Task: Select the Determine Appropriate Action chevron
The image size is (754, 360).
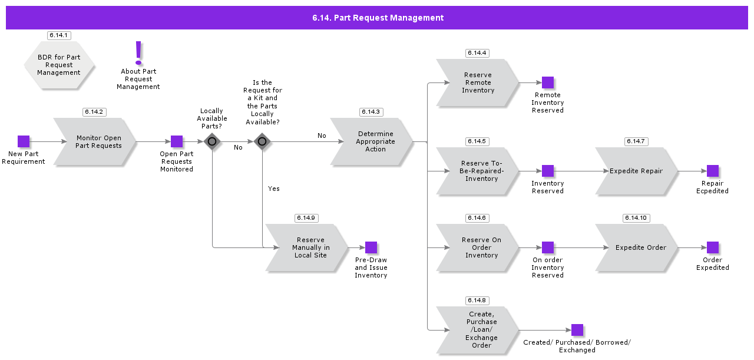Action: [374, 141]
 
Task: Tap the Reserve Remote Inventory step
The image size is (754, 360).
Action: [477, 82]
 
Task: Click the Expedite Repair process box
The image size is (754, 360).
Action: [636, 171]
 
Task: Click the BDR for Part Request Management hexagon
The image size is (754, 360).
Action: [59, 65]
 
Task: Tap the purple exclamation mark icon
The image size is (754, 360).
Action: [138, 53]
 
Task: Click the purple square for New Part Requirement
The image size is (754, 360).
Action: [24, 141]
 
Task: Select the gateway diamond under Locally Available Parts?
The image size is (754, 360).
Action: [212, 141]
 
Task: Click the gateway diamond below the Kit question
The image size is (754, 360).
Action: [262, 141]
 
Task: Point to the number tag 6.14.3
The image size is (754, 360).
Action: [371, 112]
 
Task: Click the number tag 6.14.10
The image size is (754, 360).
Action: [636, 218]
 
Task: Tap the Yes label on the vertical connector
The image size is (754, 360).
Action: [274, 189]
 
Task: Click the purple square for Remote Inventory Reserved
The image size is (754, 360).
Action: [548, 82]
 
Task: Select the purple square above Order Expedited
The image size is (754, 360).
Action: [713, 247]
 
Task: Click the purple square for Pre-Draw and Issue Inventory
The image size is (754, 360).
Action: [371, 247]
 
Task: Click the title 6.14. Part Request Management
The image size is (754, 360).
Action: [378, 18]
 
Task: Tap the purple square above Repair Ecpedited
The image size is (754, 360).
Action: [713, 171]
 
